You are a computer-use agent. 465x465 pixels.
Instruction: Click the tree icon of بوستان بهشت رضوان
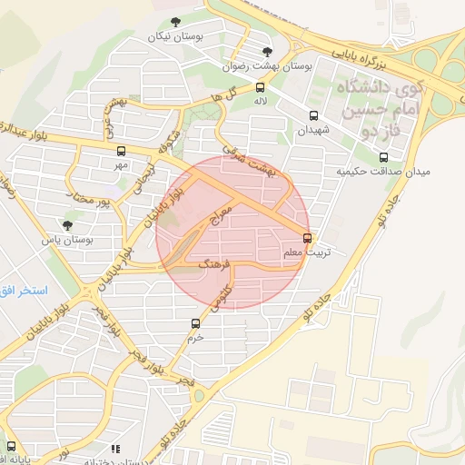tap(266, 52)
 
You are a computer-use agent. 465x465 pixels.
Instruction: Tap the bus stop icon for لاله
tap(261, 88)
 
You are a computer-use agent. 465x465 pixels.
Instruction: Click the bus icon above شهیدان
tap(314, 116)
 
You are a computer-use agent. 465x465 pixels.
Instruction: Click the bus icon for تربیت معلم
tap(307, 239)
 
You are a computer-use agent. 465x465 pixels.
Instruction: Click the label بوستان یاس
tap(74, 240)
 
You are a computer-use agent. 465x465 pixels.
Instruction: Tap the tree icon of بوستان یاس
tap(68, 224)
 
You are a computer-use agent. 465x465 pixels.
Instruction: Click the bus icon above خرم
tap(195, 323)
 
